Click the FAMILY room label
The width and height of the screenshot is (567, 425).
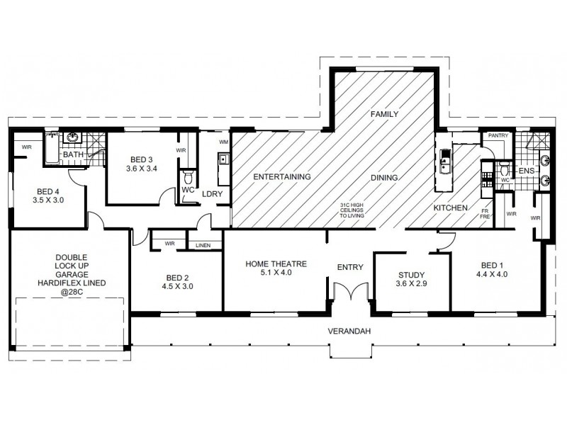(386, 113)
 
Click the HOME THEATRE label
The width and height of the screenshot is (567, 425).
(276, 264)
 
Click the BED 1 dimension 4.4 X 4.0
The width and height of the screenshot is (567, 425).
(491, 273)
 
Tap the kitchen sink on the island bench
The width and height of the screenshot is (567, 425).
(445, 164)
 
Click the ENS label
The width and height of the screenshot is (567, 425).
(525, 171)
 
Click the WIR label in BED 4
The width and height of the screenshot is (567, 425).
(27, 147)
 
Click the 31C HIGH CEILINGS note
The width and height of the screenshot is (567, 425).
(352, 211)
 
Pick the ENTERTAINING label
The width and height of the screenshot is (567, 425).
(283, 176)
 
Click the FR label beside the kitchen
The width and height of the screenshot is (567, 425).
(484, 210)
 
